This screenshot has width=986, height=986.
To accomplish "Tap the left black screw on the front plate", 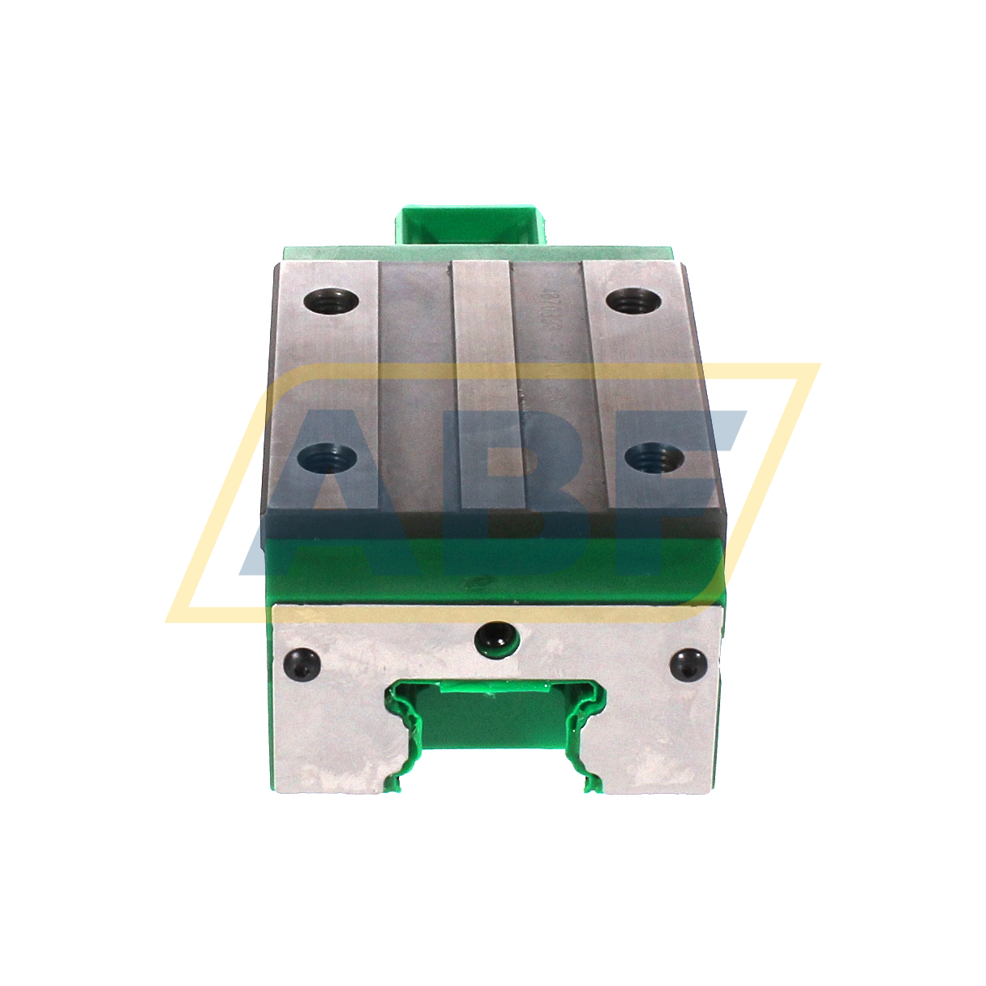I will click(x=304, y=664).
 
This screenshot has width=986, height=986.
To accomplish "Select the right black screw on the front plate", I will click(x=689, y=664).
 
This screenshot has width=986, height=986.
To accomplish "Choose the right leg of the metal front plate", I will click(x=661, y=746).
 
